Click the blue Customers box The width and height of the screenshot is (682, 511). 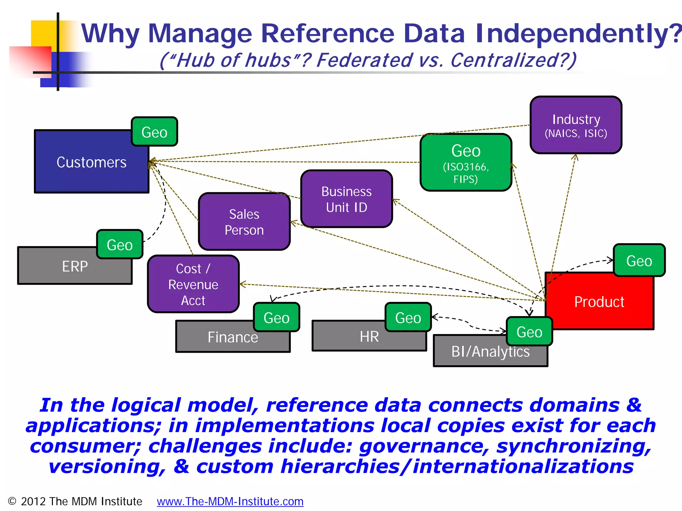[83, 166]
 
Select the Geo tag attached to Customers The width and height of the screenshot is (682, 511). [154, 132]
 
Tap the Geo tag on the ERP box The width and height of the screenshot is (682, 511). [120, 245]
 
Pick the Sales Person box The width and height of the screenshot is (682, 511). [244, 222]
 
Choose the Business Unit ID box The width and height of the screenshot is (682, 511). [346, 199]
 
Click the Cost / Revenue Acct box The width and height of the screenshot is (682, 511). [193, 284]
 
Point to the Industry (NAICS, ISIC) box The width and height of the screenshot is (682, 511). [576, 125]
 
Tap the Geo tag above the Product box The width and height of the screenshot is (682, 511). [639, 260]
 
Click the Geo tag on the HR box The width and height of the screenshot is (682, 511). [408, 317]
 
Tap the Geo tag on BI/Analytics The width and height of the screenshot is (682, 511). [529, 332]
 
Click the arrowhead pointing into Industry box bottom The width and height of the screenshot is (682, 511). [575, 157]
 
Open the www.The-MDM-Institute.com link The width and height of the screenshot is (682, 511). [230, 501]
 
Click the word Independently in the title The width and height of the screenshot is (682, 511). [578, 33]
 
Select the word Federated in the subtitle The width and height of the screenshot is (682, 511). [364, 61]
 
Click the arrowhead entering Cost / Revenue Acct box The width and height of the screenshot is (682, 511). [242, 284]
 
